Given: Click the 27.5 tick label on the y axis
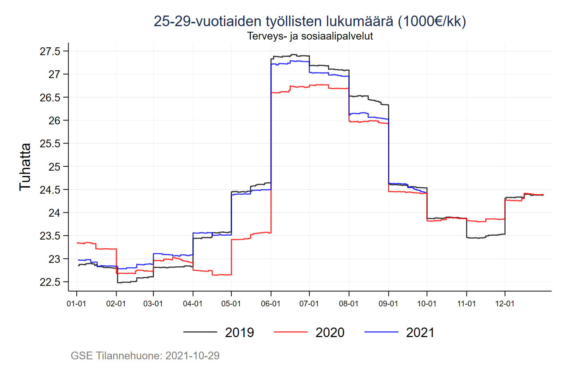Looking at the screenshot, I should click(50, 52).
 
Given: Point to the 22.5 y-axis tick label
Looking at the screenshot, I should click(50, 282).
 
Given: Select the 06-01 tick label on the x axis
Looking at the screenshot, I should click(270, 304).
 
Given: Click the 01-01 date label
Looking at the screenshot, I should click(76, 304).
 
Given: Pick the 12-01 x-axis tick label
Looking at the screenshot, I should click(505, 304).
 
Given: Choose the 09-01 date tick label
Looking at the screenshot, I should click(388, 304).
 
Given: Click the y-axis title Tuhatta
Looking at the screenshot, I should click(25, 167).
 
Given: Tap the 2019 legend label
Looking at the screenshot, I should click(239, 332).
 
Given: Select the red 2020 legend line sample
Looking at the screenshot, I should click(291, 332).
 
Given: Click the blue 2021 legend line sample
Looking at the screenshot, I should click(381, 332).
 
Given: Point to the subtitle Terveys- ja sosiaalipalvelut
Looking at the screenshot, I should click(310, 36).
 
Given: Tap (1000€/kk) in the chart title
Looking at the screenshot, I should click(432, 22).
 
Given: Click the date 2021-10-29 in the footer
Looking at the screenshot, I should click(192, 355).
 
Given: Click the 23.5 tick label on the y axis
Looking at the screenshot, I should click(50, 236).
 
